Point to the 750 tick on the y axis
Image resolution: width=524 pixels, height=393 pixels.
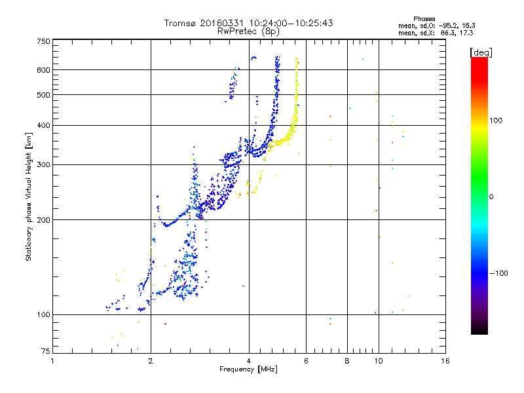click(x=43, y=41)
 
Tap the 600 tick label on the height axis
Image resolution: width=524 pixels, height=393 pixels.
click(x=43, y=69)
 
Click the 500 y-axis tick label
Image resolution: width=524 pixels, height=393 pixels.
click(x=43, y=95)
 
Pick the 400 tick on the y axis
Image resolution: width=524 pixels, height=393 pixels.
click(x=43, y=125)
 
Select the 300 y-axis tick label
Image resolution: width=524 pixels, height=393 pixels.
click(x=43, y=164)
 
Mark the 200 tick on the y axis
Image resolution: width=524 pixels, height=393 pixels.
click(x=43, y=219)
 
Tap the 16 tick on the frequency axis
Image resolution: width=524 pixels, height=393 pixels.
click(x=445, y=361)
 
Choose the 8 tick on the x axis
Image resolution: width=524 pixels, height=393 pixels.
click(x=347, y=361)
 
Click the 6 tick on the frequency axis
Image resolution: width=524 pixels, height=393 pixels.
click(x=307, y=361)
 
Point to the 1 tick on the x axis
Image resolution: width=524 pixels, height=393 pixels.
click(x=53, y=361)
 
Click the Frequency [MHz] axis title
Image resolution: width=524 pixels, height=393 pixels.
click(x=248, y=370)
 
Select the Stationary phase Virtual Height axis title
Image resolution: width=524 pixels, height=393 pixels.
click(x=29, y=196)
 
